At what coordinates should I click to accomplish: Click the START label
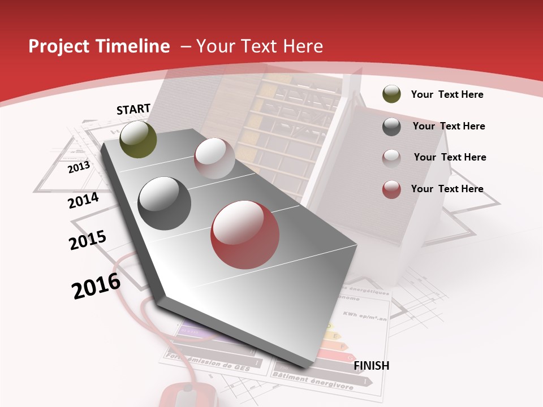[133, 109]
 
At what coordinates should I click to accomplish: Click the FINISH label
[372, 366]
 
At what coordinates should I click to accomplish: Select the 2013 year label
[79, 167]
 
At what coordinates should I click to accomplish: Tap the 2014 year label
[83, 200]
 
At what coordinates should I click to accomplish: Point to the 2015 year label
[88, 240]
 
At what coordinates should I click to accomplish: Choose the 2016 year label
[96, 286]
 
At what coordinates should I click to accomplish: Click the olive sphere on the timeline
[138, 139]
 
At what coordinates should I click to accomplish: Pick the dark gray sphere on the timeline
[165, 203]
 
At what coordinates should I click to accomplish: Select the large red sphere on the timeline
[245, 235]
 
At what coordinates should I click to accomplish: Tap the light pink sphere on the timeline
[214, 158]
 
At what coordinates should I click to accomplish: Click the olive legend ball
[391, 94]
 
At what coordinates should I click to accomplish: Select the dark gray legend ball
[391, 127]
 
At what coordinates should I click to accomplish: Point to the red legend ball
[391, 189]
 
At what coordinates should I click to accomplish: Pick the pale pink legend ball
[391, 158]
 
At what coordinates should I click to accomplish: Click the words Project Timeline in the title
[99, 46]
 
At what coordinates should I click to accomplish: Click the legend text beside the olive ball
[447, 94]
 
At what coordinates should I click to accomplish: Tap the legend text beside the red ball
[447, 189]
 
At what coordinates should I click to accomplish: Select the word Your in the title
[216, 46]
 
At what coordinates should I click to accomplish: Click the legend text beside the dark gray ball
[449, 126]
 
